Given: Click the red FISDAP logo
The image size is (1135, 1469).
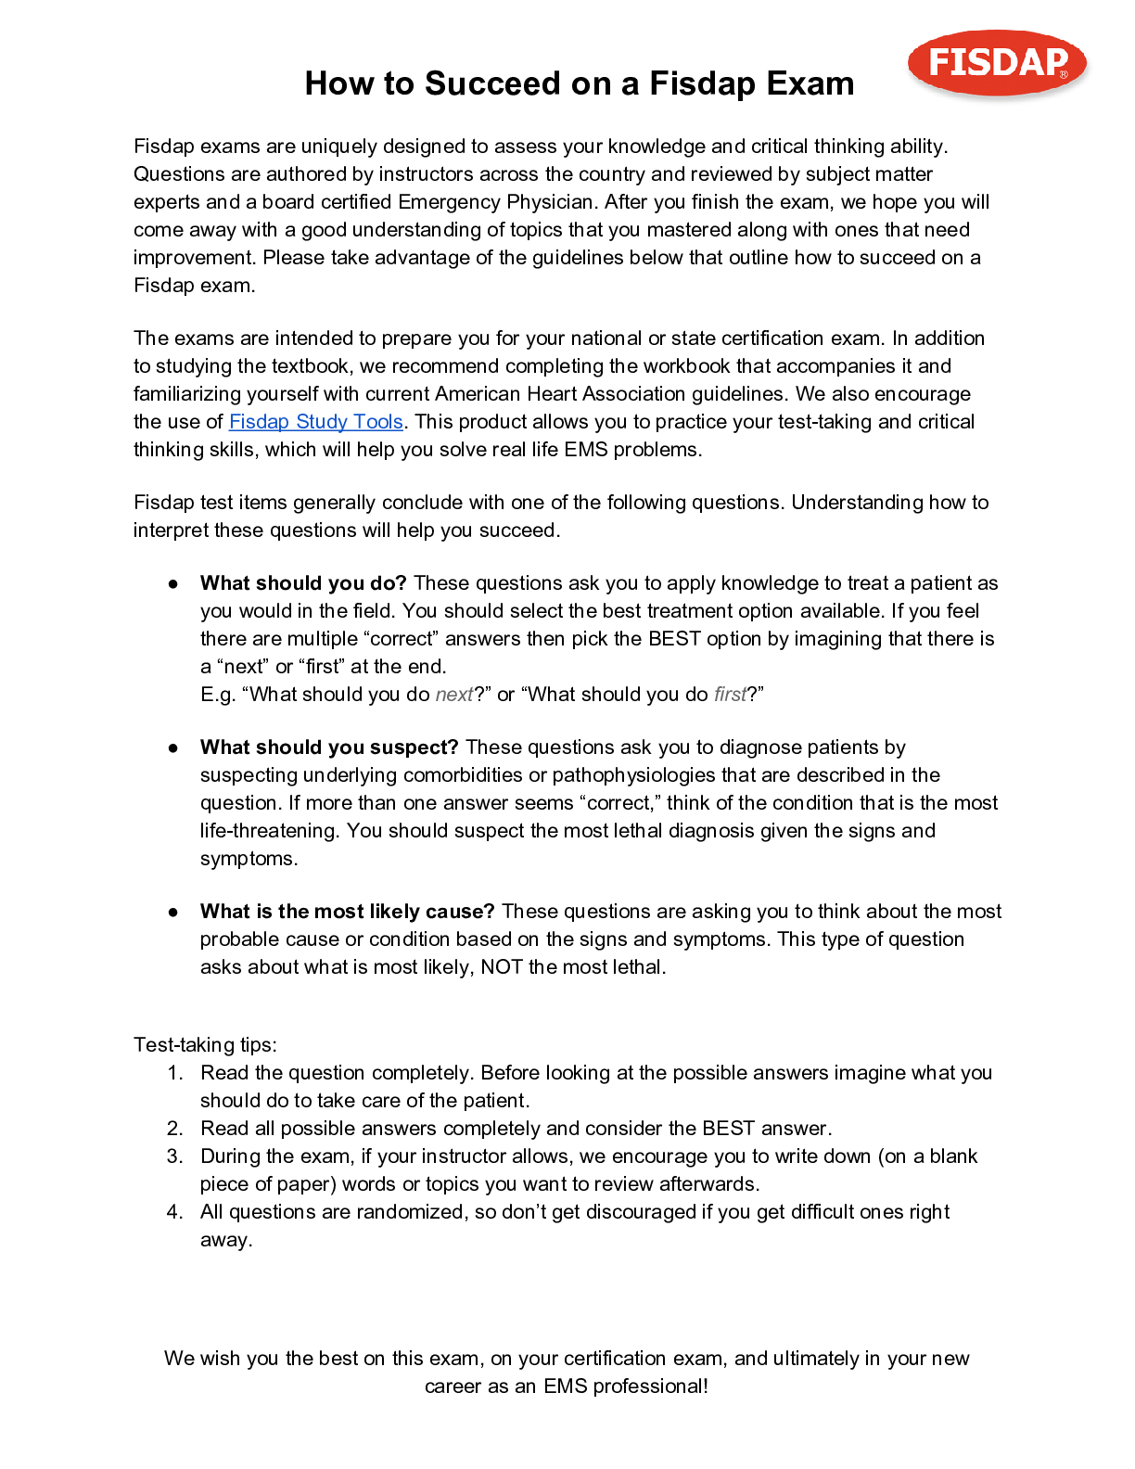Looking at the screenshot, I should [x=997, y=63].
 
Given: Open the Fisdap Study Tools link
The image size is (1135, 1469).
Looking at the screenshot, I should [x=315, y=422].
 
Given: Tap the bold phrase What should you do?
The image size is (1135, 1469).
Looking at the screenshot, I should [x=303, y=583].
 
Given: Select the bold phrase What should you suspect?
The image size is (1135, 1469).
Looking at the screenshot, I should [x=329, y=747].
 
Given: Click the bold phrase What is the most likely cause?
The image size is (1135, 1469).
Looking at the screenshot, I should [x=347, y=912].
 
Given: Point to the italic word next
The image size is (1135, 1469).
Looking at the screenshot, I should [x=453, y=695].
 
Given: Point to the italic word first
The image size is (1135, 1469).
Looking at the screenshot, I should [x=730, y=695].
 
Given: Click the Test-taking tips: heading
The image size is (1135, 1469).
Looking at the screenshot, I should [x=205, y=1045].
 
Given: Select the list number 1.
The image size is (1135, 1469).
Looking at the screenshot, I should [x=174, y=1073].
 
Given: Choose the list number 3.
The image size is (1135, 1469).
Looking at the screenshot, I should [x=174, y=1156].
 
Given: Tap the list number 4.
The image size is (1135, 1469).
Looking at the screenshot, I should [x=174, y=1212].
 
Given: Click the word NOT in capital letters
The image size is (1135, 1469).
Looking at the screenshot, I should [x=502, y=967].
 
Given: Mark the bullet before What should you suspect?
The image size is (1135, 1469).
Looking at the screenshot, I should [x=173, y=747].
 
